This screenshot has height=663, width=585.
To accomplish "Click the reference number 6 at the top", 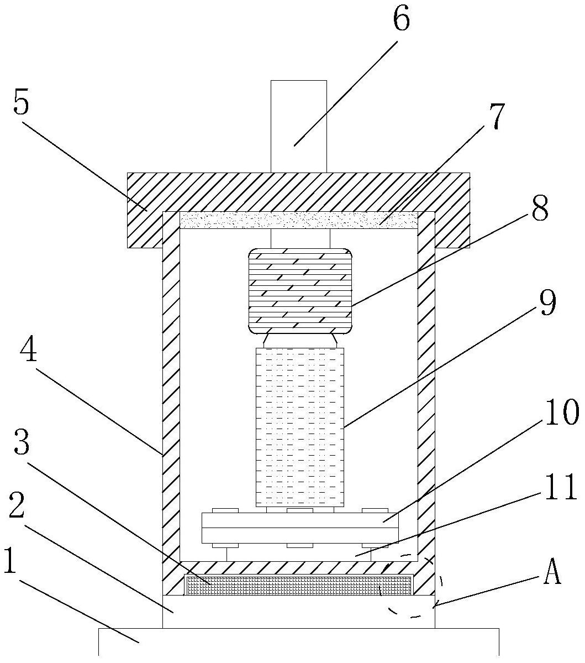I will pos(402,20).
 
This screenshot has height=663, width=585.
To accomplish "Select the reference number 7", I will pos(497,116).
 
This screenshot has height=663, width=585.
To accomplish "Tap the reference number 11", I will pos(561,489).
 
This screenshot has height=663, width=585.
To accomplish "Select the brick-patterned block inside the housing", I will pos(300,290).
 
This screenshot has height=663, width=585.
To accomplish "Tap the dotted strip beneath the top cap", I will pos(298,220).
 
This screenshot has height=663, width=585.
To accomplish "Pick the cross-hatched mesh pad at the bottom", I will pos(298,585).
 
